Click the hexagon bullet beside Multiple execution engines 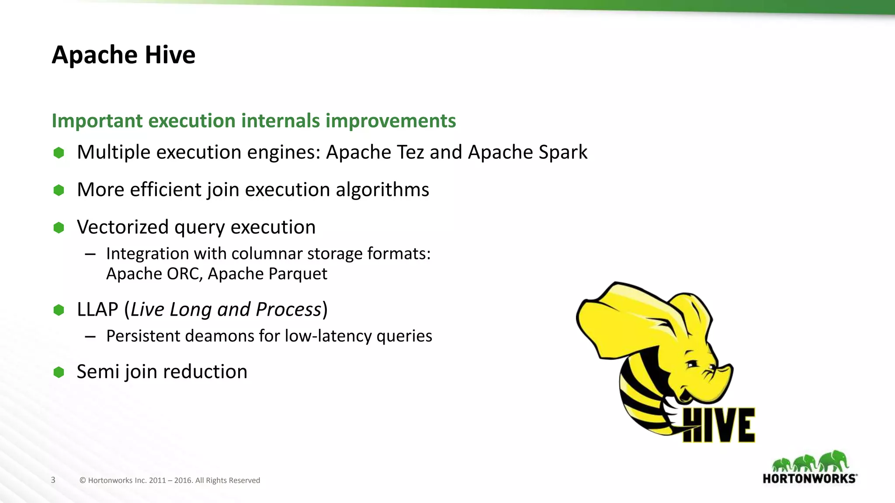coord(59,153)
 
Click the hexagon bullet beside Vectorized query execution coord(59,227)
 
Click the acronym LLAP coord(97,310)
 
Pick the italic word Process coord(288,310)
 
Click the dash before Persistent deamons coord(90,337)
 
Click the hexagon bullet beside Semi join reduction coord(59,372)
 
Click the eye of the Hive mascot coord(692,364)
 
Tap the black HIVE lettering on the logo coord(719,425)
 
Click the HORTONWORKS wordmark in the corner coord(809,479)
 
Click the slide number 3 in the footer coord(53,480)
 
